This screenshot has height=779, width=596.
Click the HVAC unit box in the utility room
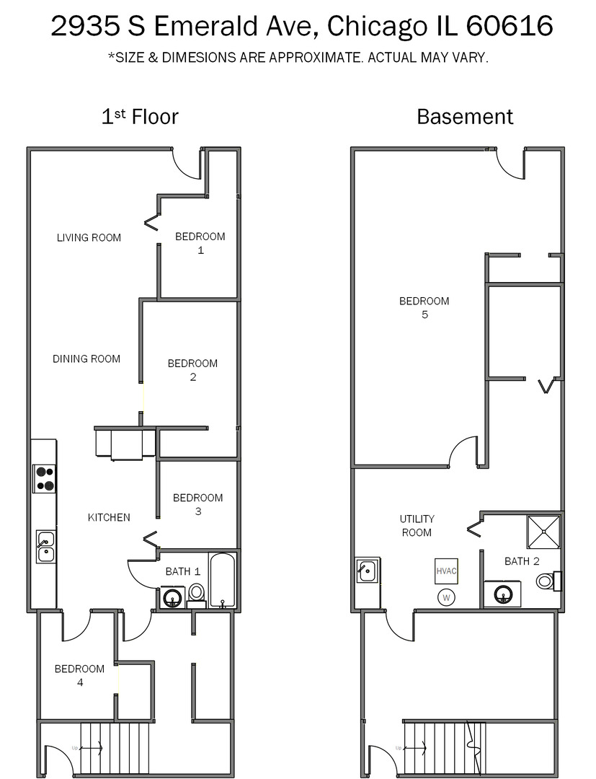(446, 571)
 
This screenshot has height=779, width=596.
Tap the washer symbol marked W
(446, 597)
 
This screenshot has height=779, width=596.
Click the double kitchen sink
(45, 546)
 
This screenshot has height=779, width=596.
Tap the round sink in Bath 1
(173, 597)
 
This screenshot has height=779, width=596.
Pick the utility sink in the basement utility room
(366, 571)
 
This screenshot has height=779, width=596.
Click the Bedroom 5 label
(424, 307)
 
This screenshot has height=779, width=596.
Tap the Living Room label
(89, 237)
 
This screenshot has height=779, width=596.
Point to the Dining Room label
(86, 358)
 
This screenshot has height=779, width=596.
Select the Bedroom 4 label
(79, 675)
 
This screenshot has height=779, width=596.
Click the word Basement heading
(465, 116)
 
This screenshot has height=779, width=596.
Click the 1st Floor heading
(139, 116)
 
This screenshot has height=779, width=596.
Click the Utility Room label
(417, 525)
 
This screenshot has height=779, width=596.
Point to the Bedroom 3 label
(197, 504)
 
